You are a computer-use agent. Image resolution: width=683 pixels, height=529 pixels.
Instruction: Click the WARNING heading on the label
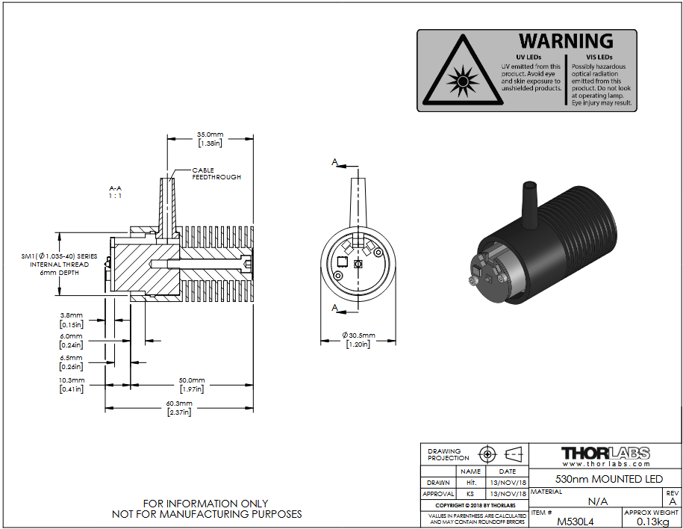pyautogui.click(x=566, y=41)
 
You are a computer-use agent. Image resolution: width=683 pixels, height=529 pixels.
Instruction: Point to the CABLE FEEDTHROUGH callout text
pyautogui.click(x=216, y=173)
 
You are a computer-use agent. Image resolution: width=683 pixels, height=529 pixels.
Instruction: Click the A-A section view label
pyautogui.click(x=116, y=192)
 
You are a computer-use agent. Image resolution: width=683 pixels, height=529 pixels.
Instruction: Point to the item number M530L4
pyautogui.click(x=575, y=522)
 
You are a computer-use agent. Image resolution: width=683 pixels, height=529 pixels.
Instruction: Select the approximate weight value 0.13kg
pyautogui.click(x=652, y=522)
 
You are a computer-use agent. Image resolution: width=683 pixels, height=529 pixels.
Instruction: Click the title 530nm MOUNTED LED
pyautogui.click(x=609, y=479)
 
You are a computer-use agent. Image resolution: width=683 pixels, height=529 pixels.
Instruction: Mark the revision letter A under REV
pyautogui.click(x=673, y=501)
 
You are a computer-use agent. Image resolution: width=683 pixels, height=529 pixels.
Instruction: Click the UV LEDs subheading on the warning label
pyautogui.click(x=528, y=57)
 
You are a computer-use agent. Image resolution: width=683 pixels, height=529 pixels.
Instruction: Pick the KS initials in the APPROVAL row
pyautogui.click(x=470, y=494)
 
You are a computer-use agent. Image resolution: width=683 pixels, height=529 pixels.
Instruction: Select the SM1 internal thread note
pyautogui.click(x=60, y=264)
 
